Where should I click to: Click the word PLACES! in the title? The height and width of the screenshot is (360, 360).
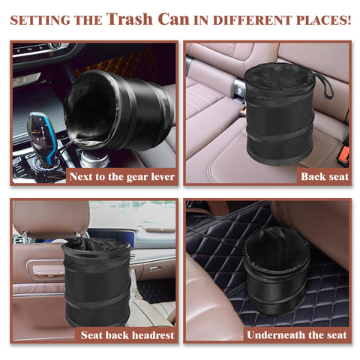coord(322,20)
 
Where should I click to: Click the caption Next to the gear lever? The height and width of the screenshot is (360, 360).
coord(122,176)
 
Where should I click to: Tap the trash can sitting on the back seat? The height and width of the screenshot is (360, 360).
coord(274,112)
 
